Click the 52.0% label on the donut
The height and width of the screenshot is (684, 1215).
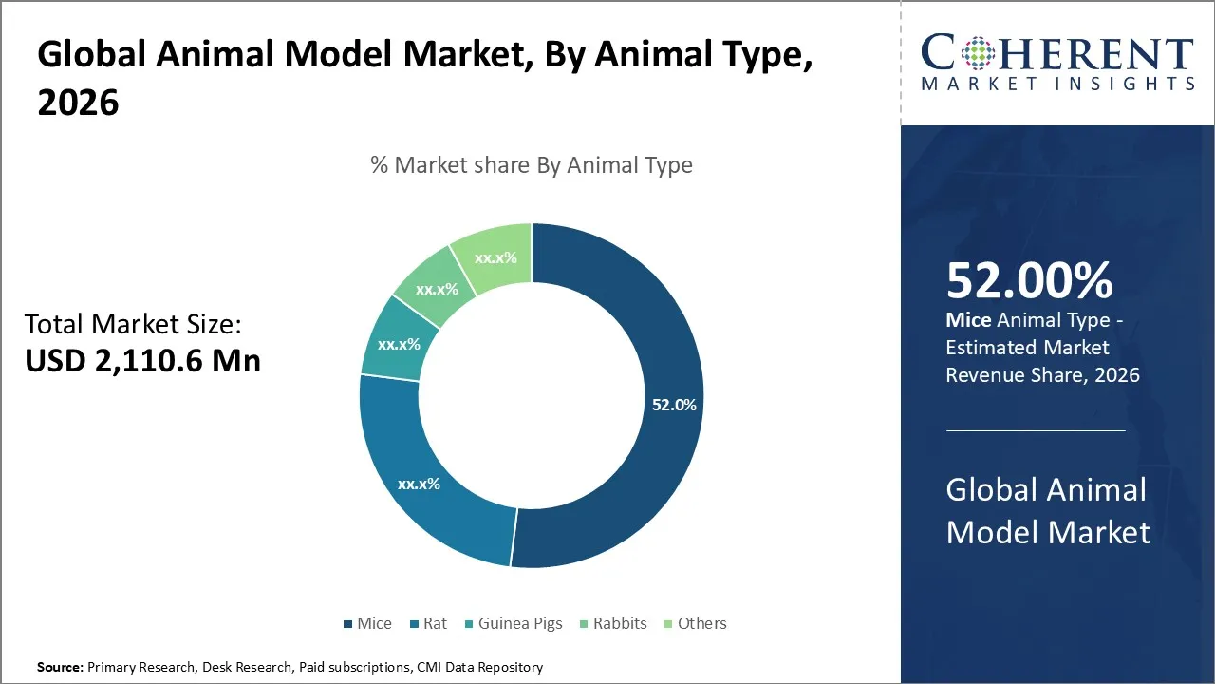[674, 405]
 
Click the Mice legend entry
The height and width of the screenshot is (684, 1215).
[367, 623]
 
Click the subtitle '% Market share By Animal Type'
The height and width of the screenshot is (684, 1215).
[532, 165]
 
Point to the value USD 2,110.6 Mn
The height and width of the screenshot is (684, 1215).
[142, 360]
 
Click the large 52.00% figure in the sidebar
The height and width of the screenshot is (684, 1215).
[1030, 280]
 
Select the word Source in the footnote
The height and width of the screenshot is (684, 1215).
[60, 667]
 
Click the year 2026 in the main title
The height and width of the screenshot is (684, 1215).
[79, 103]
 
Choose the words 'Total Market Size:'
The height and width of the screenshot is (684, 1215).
[134, 324]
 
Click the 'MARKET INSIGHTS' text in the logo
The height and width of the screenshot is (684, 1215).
[1057, 84]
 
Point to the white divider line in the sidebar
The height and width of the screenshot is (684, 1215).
[1036, 430]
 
